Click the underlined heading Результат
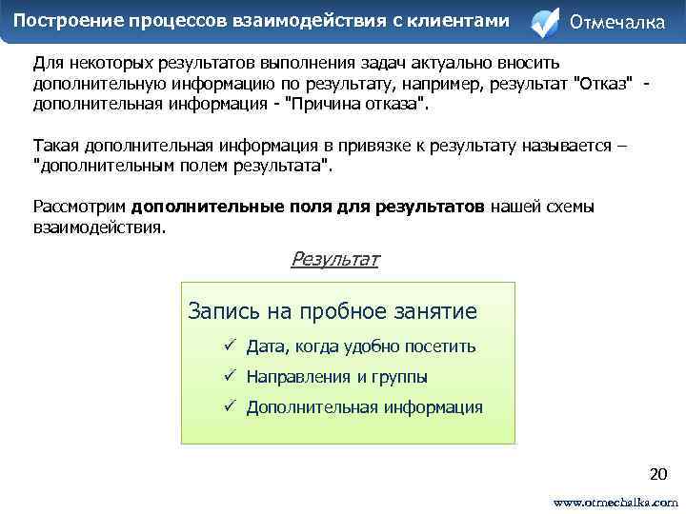(334, 259)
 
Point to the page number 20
(657, 473)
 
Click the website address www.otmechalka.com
(615, 501)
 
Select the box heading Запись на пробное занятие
(333, 311)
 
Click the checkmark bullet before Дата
(230, 346)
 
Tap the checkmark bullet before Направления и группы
(230, 377)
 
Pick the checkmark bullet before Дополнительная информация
(230, 407)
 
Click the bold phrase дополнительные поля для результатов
(309, 207)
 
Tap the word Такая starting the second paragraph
(57, 146)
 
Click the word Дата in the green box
(266, 346)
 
